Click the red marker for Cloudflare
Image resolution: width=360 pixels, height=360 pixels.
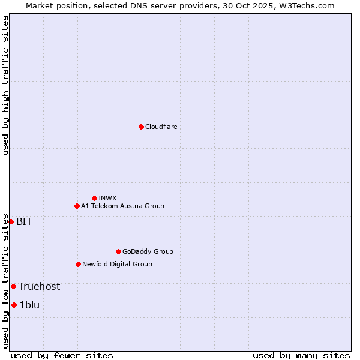click(x=141, y=127)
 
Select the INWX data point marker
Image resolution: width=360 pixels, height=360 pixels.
click(x=94, y=198)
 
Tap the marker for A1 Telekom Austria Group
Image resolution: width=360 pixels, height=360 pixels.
click(x=77, y=206)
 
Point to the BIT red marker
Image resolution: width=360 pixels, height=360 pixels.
click(x=11, y=221)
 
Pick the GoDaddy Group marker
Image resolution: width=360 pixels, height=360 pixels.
click(x=118, y=251)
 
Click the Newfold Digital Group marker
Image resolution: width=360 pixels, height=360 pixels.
click(x=78, y=264)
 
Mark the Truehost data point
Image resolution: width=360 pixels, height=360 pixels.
click(x=13, y=286)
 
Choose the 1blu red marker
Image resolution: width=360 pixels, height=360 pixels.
click(x=14, y=305)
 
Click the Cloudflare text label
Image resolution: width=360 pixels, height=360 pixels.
click(x=161, y=127)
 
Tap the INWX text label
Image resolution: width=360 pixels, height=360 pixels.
click(x=107, y=198)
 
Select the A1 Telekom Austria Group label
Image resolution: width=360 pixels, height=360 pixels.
click(x=122, y=206)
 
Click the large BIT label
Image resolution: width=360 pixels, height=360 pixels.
click(x=24, y=221)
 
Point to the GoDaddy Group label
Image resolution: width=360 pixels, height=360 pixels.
click(x=148, y=251)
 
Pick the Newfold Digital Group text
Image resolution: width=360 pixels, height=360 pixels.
click(x=117, y=264)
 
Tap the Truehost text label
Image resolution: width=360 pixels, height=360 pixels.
click(x=39, y=286)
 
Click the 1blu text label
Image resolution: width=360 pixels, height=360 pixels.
click(x=29, y=305)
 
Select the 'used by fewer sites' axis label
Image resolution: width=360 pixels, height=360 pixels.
click(x=62, y=355)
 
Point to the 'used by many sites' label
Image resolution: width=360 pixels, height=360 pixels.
click(x=301, y=355)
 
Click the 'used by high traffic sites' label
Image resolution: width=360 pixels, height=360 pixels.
click(x=5, y=85)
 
